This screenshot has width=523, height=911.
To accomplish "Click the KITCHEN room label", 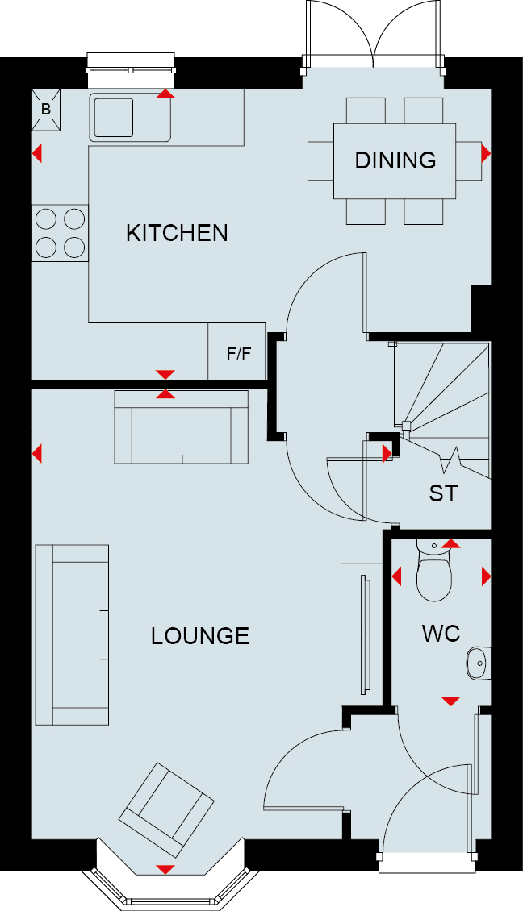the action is coord(177,233).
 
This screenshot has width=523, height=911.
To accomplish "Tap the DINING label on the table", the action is coord(395,160).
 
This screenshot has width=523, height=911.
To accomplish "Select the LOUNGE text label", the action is coord(200,636).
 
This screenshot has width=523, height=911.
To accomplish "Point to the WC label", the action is coord(441,634).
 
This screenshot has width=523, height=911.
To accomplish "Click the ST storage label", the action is coord(443,493).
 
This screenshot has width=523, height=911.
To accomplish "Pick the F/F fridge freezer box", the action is coord(237,352).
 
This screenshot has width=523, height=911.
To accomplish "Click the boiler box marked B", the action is coord(46,110).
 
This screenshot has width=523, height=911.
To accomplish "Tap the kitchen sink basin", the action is coord(114,118).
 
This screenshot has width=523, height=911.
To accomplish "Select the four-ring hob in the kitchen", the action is coord(61,233).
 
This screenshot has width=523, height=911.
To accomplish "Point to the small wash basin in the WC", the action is coord(478,663).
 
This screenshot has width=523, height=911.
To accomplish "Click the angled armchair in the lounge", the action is coord(166,809).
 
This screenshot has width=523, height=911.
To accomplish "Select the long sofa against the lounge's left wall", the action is coord(72,634).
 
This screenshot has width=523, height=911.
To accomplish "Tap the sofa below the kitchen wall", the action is coord(182,427).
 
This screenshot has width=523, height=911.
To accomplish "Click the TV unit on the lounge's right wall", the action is coord(362,634).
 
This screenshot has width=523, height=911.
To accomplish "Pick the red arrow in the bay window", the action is coord(165,869).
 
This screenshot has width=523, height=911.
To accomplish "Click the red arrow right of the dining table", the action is coord(486,153).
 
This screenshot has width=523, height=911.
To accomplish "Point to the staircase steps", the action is coord(442,410).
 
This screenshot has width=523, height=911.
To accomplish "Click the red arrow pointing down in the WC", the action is coord(451,701).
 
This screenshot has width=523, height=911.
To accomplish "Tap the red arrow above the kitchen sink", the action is coord(165,94).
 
